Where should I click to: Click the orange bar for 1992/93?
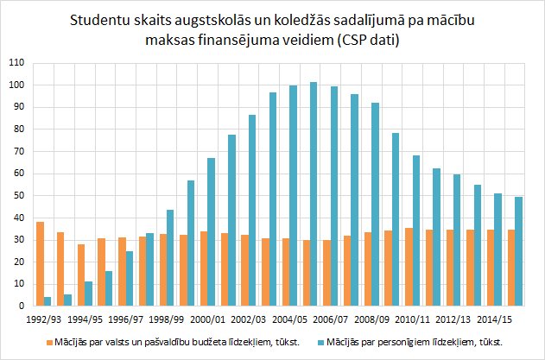tap(41, 264)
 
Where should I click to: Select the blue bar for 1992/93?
tap(48, 301)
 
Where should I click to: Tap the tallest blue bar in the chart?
tap(314, 194)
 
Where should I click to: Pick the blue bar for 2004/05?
tap(293, 196)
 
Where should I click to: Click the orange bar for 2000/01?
tap(204, 268)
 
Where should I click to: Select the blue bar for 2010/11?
tap(416, 231)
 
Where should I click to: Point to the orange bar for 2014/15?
tap(491, 268)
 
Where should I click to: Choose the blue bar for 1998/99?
tap(170, 258)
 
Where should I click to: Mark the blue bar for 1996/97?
tap(130, 278)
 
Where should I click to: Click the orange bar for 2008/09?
tap(368, 269)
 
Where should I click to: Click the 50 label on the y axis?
tap(19, 196)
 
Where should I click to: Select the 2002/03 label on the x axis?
tap(249, 319)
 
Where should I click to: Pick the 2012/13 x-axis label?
tap(453, 319)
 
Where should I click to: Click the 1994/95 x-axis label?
tap(86, 319)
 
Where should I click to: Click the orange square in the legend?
tap(49, 342)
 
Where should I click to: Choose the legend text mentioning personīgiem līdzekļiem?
tap(415, 343)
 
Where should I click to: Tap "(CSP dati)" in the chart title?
tap(367, 41)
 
